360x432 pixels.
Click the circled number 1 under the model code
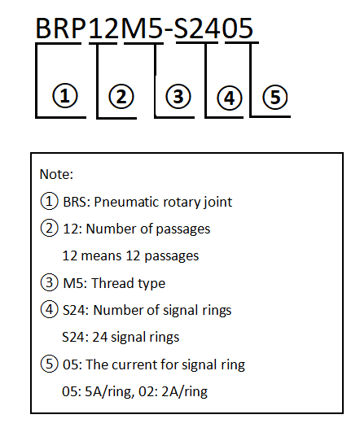[65, 96]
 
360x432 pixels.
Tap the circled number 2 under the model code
[121, 97]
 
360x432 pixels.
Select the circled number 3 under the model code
[178, 97]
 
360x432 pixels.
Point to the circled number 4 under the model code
[230, 98]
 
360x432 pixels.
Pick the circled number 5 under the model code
[275, 97]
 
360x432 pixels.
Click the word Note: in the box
[56, 174]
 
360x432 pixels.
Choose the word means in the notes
[101, 256]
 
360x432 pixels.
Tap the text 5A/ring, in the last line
[109, 392]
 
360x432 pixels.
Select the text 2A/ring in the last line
[184, 392]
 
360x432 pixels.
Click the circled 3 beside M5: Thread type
[49, 282]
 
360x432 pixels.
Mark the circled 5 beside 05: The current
[49, 364]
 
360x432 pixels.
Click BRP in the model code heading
[61, 28]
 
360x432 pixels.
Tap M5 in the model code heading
[142, 28]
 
